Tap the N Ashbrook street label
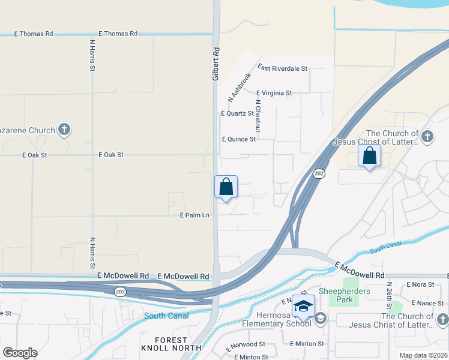pyautogui.click(x=239, y=87)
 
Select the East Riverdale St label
pyautogui.click(x=282, y=69)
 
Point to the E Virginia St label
pyautogui.click(x=274, y=93)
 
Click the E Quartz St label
pyautogui.click(x=238, y=113)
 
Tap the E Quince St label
pyautogui.click(x=239, y=139)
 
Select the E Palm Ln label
pyautogui.click(x=195, y=215)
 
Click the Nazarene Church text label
pyautogui.click(x=28, y=130)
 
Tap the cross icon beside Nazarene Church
pyautogui.click(x=64, y=130)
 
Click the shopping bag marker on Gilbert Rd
pyautogui.click(x=226, y=187)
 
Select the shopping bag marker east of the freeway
pyautogui.click(x=369, y=156)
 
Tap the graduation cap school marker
pyautogui.click(x=304, y=306)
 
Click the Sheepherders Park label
pyautogui.click(x=345, y=296)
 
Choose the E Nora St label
pyautogui.click(x=420, y=284)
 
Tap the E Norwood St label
pyautogui.click(x=246, y=346)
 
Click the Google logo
pyautogui.click(x=20, y=353)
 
